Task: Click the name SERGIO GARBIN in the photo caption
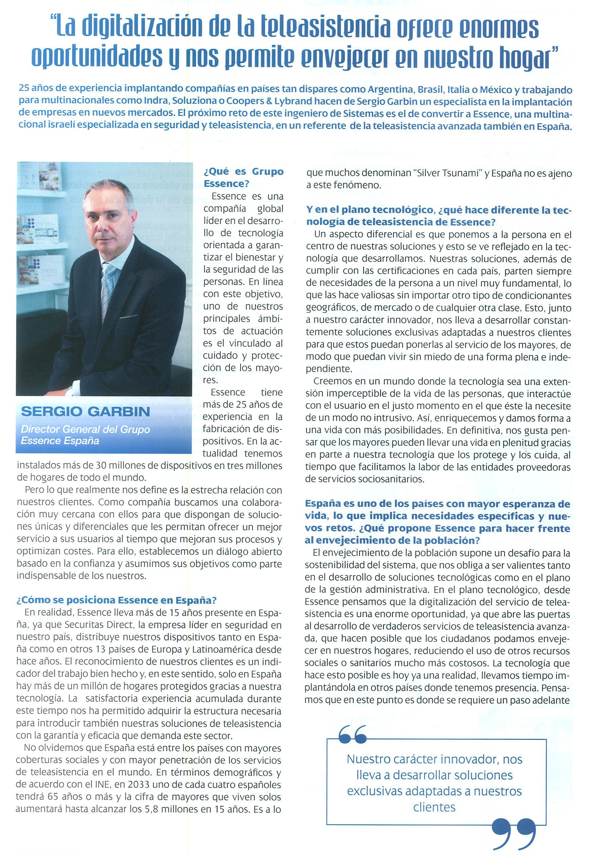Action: [x=85, y=411]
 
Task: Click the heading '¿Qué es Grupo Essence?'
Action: [x=243, y=177]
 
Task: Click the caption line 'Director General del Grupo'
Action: [x=85, y=429]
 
